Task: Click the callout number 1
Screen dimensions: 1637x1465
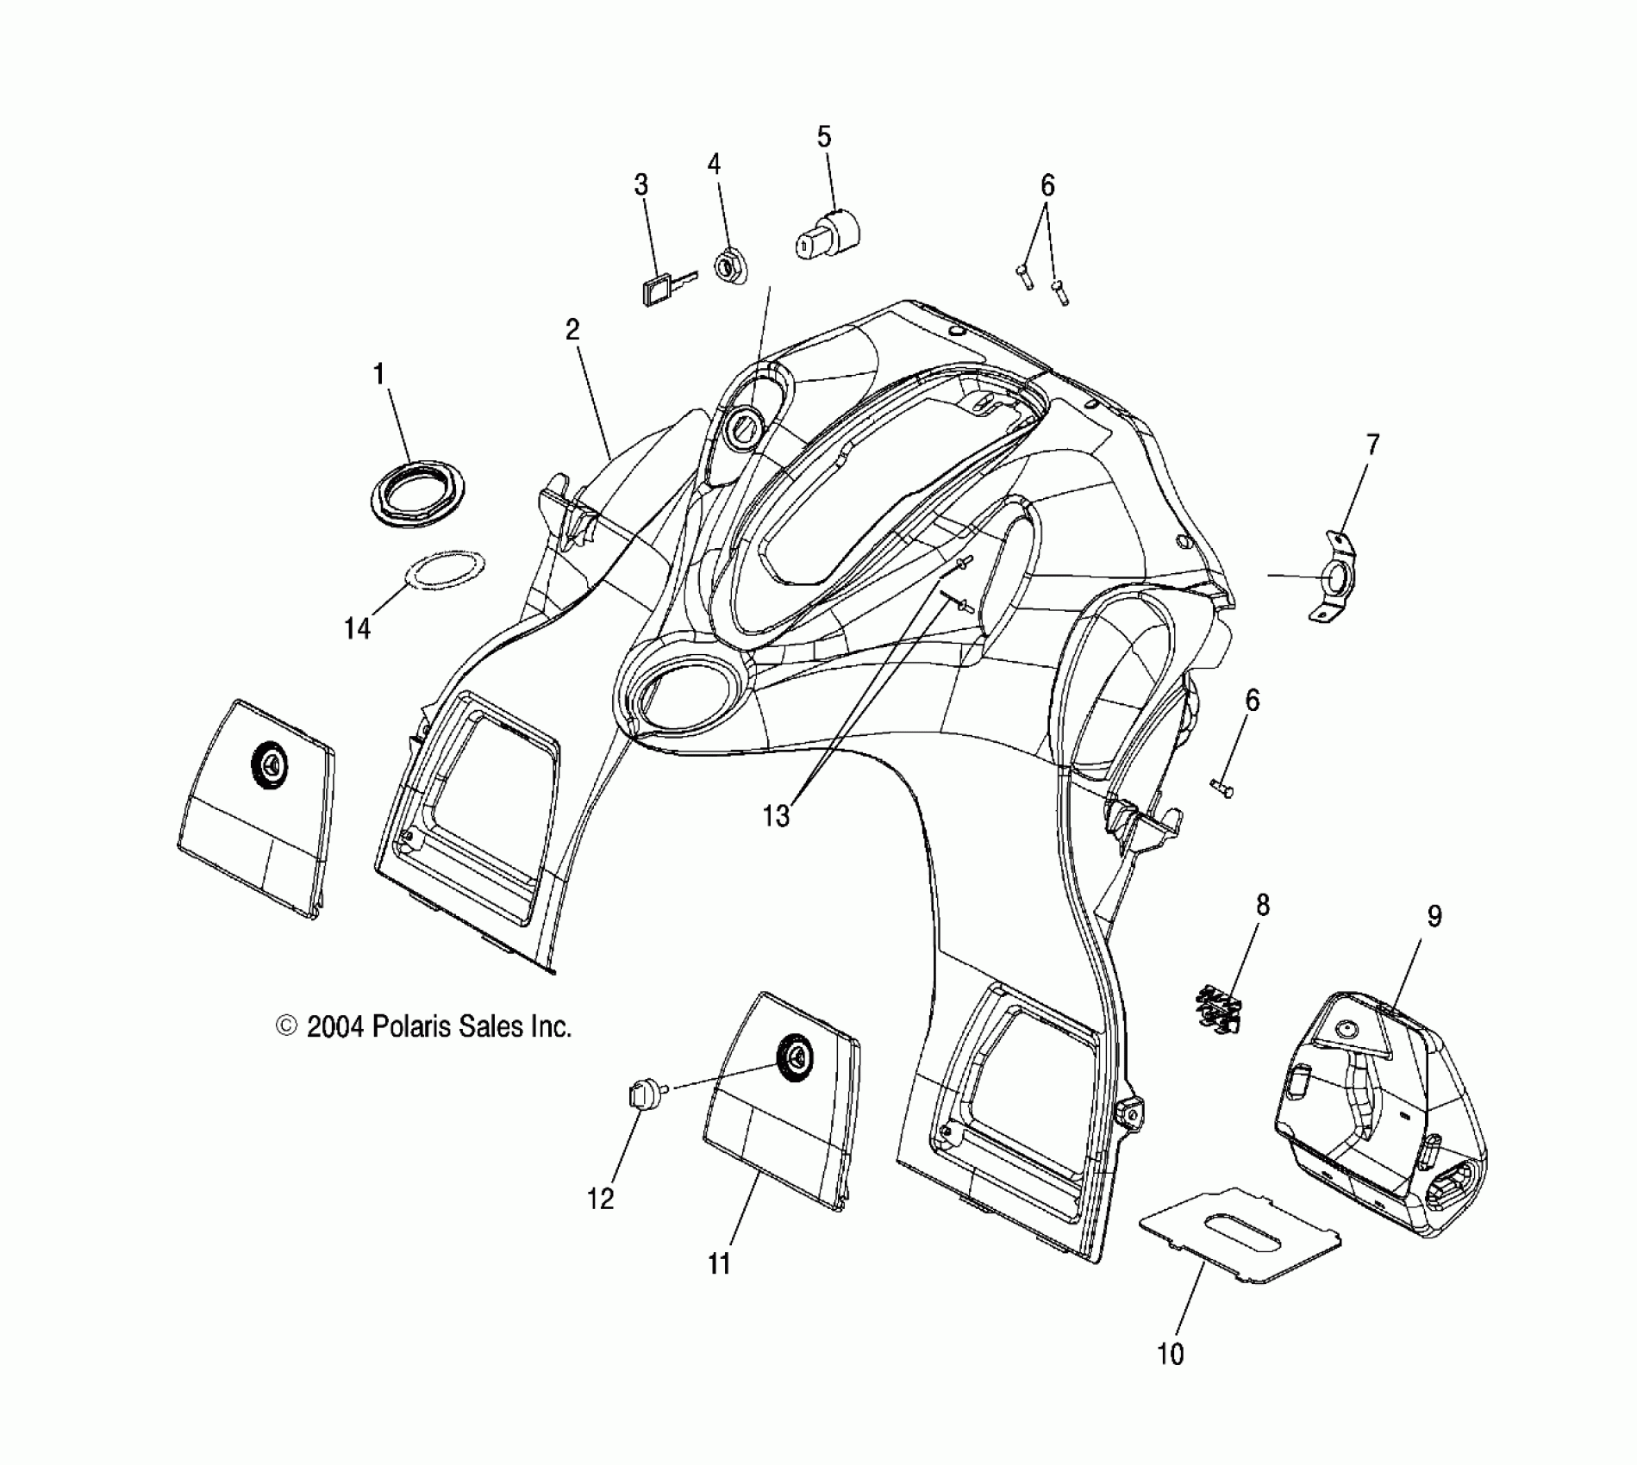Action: (x=378, y=375)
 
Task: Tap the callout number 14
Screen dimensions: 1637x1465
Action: (x=357, y=629)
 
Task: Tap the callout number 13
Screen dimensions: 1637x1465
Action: (x=776, y=815)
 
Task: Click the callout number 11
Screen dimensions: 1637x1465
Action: (x=719, y=1263)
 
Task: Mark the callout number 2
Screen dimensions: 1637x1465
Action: (x=572, y=329)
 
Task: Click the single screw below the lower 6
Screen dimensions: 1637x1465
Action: (x=1222, y=787)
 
